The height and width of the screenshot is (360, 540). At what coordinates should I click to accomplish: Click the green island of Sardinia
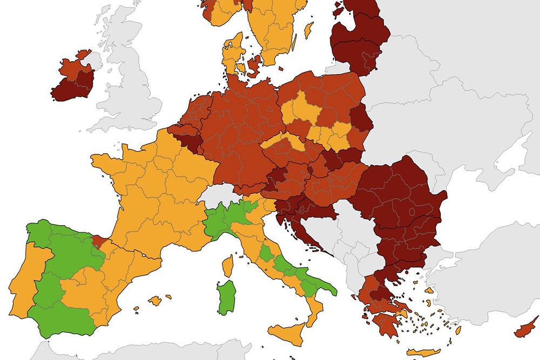[226, 297]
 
